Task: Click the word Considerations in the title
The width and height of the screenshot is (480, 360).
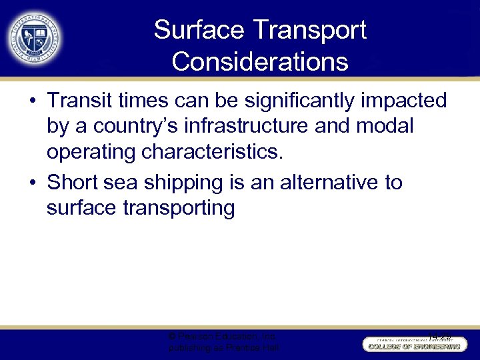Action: point(259,61)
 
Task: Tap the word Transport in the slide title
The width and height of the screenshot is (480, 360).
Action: point(313,30)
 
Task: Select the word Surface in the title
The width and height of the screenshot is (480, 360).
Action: point(201,30)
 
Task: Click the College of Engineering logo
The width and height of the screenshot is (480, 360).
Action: point(413,344)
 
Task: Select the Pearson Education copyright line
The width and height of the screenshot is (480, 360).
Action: point(223,337)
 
